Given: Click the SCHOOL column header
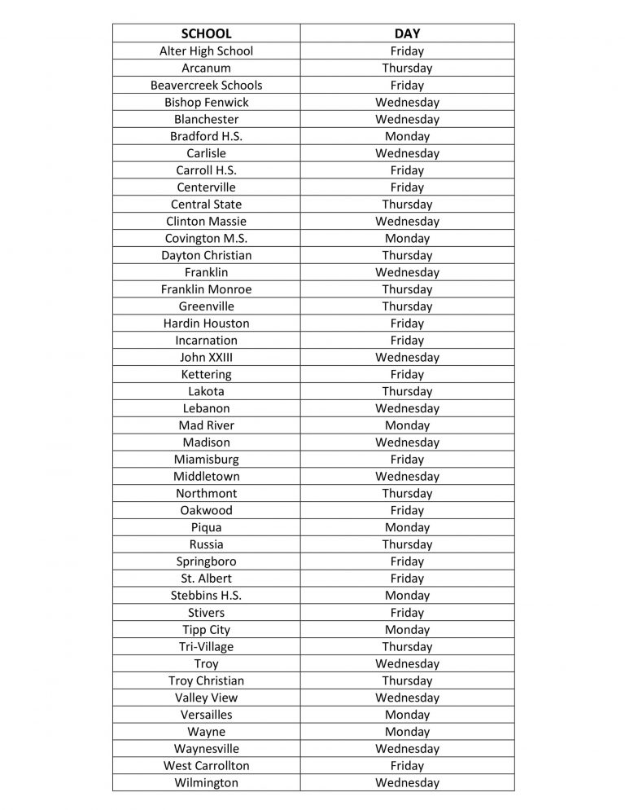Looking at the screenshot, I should click(206, 33).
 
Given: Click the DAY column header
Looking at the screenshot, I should click(407, 33).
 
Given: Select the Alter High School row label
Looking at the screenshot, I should click(206, 51).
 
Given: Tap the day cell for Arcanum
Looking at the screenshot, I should click(407, 68).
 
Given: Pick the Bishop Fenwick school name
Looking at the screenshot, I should click(206, 102).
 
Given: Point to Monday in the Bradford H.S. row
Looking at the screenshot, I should click(407, 136).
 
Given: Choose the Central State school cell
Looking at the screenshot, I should click(206, 204).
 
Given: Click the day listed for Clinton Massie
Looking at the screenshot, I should click(407, 221).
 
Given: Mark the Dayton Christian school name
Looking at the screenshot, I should click(206, 255).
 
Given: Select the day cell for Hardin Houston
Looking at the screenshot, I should click(407, 323).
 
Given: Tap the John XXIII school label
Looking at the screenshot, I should click(206, 357).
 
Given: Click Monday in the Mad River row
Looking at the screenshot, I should click(407, 425).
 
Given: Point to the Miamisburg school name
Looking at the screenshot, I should click(206, 459).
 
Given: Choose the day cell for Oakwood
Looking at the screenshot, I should click(407, 510).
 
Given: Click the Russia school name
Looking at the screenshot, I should click(206, 544).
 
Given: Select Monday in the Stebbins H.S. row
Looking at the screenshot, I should click(407, 595).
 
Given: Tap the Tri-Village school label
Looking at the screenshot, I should click(206, 646).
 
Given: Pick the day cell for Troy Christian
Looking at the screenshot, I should click(407, 680).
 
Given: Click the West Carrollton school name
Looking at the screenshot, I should click(206, 765).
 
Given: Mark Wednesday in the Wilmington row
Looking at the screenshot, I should click(407, 782).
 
